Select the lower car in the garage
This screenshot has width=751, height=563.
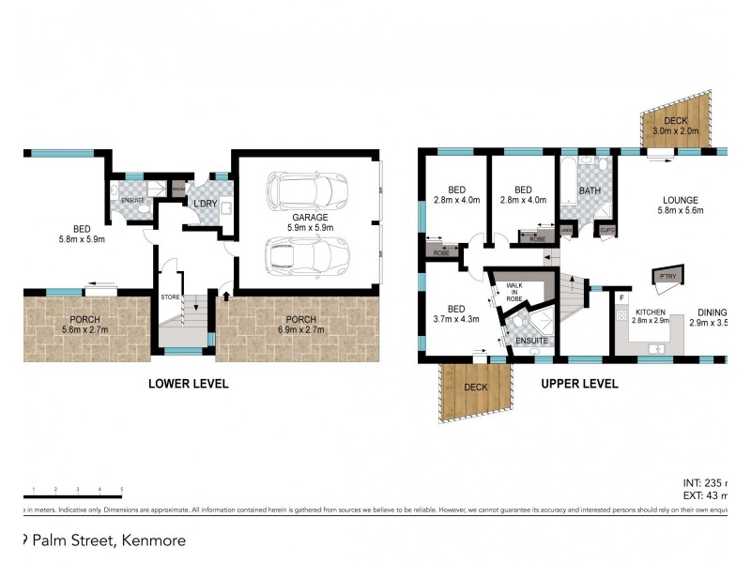point(307,255)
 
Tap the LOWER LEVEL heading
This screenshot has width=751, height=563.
point(189,384)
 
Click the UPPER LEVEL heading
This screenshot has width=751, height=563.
point(579,384)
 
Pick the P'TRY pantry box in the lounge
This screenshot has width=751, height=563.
point(667,276)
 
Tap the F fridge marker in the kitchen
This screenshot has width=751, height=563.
point(621,299)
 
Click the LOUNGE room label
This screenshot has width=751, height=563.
point(679,205)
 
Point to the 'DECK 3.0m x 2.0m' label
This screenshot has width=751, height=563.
point(677,125)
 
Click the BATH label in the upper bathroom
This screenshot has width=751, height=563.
point(590,190)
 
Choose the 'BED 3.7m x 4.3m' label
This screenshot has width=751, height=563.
point(456,313)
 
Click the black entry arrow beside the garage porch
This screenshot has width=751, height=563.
point(225,297)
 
